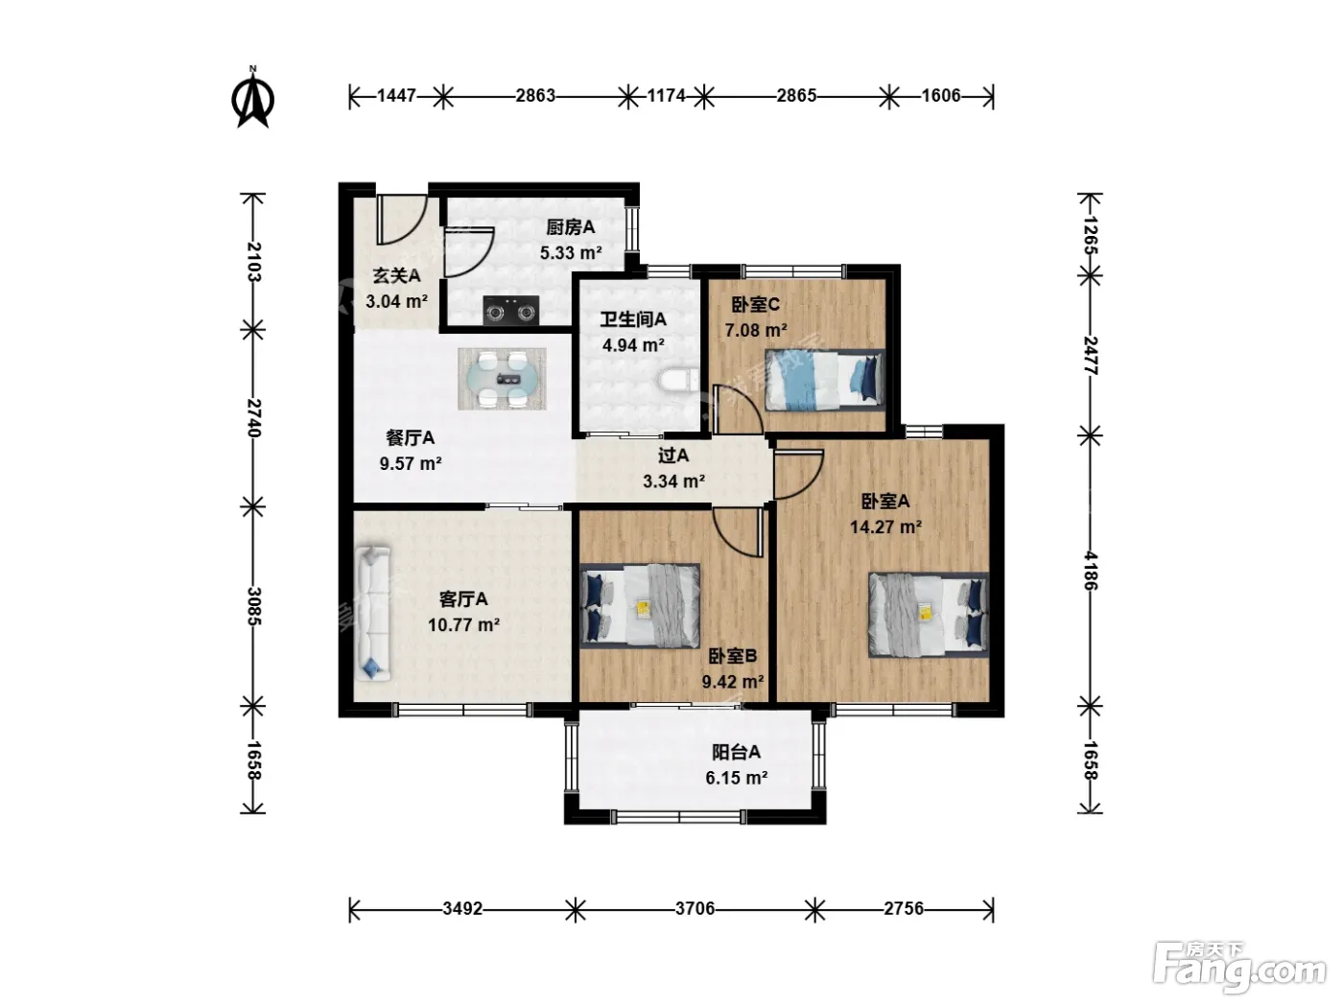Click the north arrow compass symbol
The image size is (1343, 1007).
point(252,98)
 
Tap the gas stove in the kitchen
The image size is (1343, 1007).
point(511,310)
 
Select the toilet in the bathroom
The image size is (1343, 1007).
point(678,381)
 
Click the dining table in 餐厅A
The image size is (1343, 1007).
point(502,379)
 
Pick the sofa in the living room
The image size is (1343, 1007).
point(372,613)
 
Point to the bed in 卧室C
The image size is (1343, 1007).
point(825,380)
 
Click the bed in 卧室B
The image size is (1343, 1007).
point(640,606)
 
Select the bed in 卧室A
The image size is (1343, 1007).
point(929,615)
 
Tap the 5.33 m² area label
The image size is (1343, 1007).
point(571,252)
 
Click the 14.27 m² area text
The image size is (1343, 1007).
point(886,527)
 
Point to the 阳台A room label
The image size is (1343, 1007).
point(736,752)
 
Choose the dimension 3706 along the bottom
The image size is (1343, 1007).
point(695,908)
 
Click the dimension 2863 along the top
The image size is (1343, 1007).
point(535,95)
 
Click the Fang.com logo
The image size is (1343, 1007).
point(1239,968)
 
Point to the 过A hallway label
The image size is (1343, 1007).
point(673,456)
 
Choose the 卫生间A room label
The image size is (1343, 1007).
point(632,319)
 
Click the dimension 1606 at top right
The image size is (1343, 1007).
point(941,95)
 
